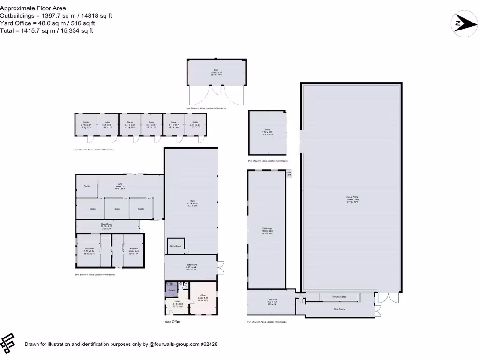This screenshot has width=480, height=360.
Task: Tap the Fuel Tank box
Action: click(x=289, y=173)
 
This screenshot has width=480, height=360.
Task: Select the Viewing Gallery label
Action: click(x=339, y=297)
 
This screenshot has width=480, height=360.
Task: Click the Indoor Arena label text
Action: click(x=352, y=199)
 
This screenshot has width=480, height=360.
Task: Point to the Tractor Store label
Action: click(x=190, y=267)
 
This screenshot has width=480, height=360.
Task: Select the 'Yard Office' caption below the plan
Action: click(x=172, y=322)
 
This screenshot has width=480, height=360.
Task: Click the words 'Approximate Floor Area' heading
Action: click(x=33, y=8)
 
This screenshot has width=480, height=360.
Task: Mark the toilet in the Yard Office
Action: click(x=186, y=284)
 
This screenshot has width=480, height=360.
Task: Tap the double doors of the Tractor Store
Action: click(x=221, y=267)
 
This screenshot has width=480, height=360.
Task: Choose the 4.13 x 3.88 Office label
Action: click(x=178, y=303)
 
